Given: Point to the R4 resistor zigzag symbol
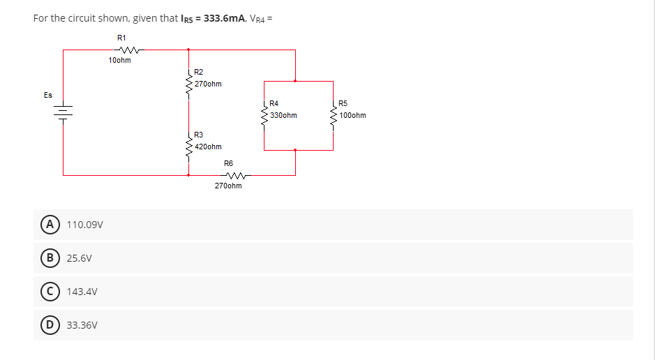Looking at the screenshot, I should point(264,116).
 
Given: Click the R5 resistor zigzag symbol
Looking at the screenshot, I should point(334,116).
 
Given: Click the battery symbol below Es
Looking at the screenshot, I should point(64,113).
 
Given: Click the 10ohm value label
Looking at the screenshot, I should point(119,61).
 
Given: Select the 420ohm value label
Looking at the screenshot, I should point(208,147).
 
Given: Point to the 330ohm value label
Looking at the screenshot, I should point(283,115).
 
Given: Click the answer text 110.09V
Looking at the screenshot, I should point(85,225).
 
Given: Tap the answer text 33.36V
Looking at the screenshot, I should point(82,325).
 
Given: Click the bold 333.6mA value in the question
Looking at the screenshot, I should point(222,17).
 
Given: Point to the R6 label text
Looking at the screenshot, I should point(228,163).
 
